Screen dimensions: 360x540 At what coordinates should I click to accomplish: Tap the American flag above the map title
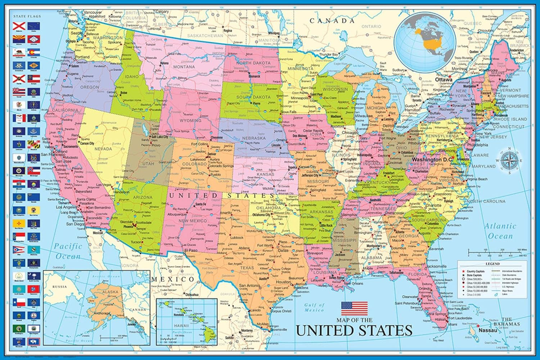[x=354, y=309]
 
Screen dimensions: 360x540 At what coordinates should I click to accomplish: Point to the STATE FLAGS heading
[x=26, y=17]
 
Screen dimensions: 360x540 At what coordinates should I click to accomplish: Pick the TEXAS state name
[x=247, y=267]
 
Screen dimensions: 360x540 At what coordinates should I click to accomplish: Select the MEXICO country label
[x=172, y=279]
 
